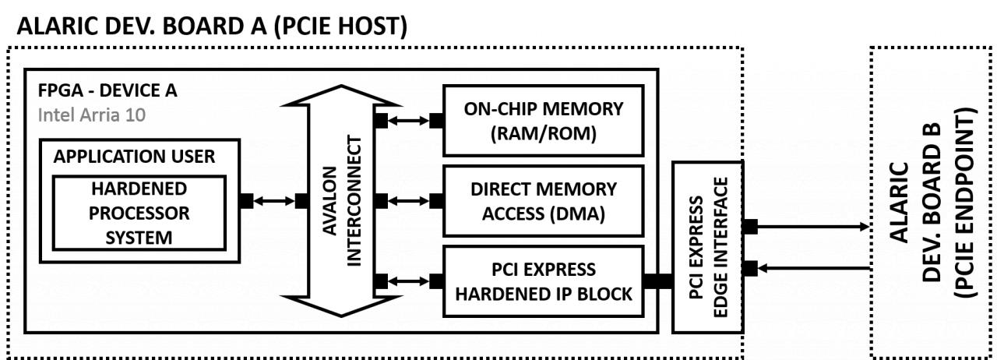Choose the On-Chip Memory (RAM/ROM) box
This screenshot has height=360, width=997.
(x=544, y=120)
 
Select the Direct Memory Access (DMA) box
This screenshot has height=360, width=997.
(x=544, y=200)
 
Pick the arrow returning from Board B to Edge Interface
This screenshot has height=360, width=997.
(x=814, y=268)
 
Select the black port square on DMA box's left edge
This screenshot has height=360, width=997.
(x=436, y=201)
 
